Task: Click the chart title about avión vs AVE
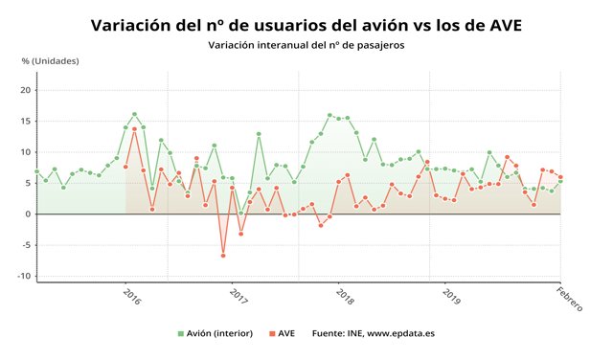(x=306, y=25)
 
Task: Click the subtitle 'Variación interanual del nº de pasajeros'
(x=306, y=45)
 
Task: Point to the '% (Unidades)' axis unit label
(x=51, y=61)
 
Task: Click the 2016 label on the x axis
(x=132, y=298)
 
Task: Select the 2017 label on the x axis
(x=239, y=298)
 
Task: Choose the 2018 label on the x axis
(x=346, y=298)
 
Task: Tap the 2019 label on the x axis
(x=452, y=298)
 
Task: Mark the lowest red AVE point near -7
(x=223, y=256)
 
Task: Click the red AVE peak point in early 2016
(x=135, y=129)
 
